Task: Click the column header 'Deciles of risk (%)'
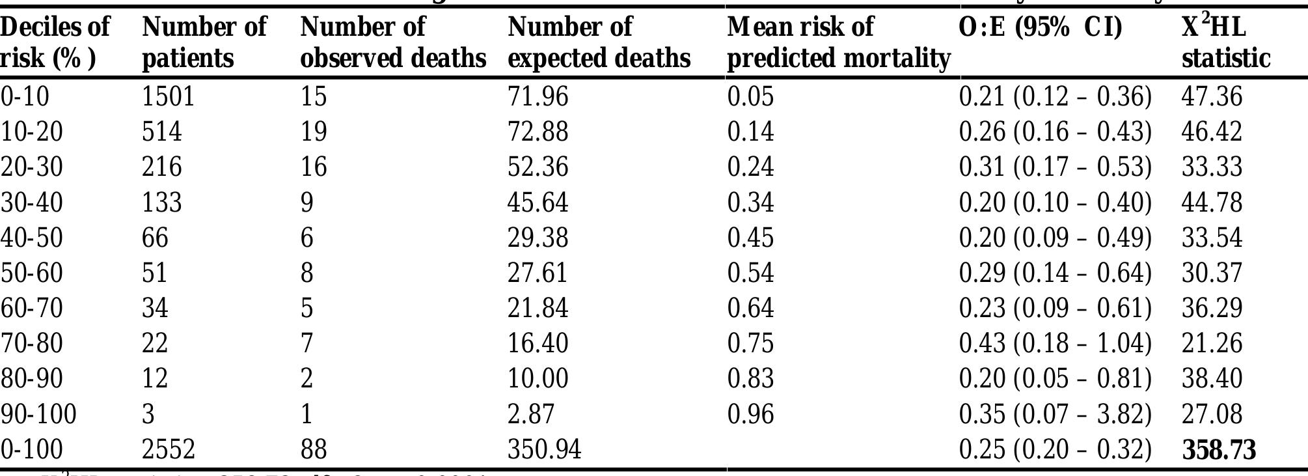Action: pos(55,42)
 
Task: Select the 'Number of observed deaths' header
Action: pos(392,42)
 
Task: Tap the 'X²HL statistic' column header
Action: pos(1225,42)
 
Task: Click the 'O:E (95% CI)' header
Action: pos(1041,27)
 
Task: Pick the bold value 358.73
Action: pos(1219,450)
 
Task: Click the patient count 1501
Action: pos(168,96)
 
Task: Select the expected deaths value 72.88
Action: pos(538,132)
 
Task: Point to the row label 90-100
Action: pos(38,414)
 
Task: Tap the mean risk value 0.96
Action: pos(750,414)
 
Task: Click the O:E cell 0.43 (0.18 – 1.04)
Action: pos(1055,343)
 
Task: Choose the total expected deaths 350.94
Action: pos(544,449)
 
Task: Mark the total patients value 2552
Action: pos(168,449)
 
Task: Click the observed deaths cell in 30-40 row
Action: pos(307,203)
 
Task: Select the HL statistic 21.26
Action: pos(1212,343)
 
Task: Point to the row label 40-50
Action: pos(31,238)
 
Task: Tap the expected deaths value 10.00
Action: pos(538,378)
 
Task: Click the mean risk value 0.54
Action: pos(750,273)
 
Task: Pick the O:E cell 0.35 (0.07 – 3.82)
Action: pos(1055,414)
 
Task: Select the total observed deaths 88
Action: pos(313,449)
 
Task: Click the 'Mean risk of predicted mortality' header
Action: pos(838,42)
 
